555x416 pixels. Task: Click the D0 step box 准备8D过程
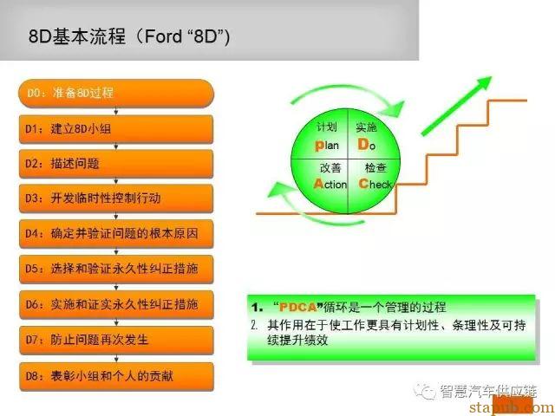pos(116,94)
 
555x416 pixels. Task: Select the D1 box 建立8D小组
pos(116,129)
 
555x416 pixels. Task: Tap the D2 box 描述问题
pos(116,164)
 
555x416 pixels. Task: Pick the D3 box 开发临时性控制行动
pos(116,198)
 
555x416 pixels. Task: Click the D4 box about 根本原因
pos(116,234)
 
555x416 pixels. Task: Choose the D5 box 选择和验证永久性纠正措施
pos(116,270)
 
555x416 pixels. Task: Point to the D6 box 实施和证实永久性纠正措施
pos(116,304)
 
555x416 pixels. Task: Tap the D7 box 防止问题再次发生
pos(116,341)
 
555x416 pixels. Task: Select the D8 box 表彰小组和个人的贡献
pos(116,376)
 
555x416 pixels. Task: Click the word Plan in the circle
pos(327,146)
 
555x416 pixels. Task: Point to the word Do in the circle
pos(366,145)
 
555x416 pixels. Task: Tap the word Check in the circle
pos(375,184)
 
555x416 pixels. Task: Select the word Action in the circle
pos(330,184)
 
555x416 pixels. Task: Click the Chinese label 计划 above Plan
pos(327,127)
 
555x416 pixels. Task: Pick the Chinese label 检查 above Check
pos(375,167)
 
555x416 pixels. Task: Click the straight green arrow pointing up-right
pos(457,106)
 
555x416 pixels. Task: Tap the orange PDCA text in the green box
pos(297,307)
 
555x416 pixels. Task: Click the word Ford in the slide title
pos(163,36)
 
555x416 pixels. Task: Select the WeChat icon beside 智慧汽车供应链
pos(424,391)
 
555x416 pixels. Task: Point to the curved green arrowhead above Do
pos(395,107)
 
